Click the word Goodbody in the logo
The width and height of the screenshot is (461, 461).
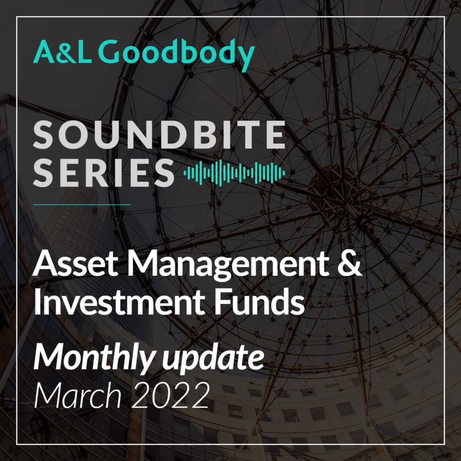[x=176, y=54]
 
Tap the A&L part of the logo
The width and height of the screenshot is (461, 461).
[x=62, y=52]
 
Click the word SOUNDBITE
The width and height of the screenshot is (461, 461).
[x=159, y=135]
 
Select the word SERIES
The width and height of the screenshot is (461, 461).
[x=104, y=173]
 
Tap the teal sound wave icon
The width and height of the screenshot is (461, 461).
[x=234, y=173]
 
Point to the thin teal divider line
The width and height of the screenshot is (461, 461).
[x=82, y=204]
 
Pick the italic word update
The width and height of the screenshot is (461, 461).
[x=212, y=359]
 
